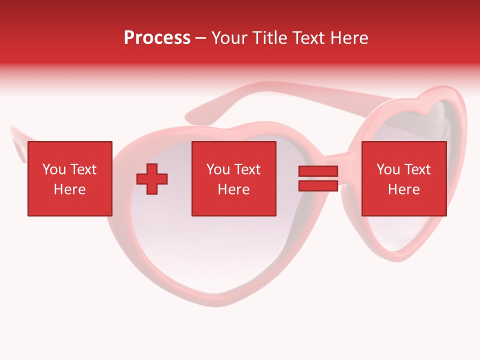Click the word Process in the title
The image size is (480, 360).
coord(157,37)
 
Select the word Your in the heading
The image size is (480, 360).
coord(230,37)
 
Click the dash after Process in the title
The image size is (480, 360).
coord(200,38)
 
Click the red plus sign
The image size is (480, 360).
coord(152,178)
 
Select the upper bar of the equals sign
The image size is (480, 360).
coord(318,171)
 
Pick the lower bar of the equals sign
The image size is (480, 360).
coord(318,185)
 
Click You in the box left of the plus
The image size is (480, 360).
coord(54,169)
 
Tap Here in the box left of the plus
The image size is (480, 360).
coord(69,189)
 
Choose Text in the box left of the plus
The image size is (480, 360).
coord(83,169)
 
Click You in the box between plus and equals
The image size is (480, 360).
coord(218,169)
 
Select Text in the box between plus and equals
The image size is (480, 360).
coord(247,169)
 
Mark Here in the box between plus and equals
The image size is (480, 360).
coord(233,189)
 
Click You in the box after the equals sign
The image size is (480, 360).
coord(388,169)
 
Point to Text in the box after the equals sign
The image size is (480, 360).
coord(417,169)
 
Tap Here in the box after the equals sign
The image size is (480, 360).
coord(403,189)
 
